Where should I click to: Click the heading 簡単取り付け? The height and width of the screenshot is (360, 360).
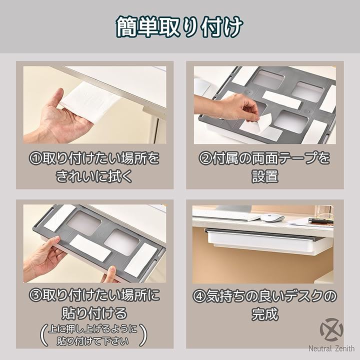pos(179,27)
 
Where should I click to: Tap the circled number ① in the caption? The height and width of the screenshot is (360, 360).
pos(35,158)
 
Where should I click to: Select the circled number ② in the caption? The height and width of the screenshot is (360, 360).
pos(205,158)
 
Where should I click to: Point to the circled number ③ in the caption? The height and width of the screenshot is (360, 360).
pos(35,295)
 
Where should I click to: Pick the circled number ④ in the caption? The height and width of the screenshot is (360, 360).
pos(199,296)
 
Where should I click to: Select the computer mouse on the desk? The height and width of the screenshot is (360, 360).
pos(273,217)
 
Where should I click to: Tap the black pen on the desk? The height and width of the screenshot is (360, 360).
pos(320,221)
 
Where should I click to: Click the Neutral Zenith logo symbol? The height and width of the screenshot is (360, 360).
pos(332,329)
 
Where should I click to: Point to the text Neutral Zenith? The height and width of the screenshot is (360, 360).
pos(331,348)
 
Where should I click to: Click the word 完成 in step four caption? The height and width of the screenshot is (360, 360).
pos(265,314)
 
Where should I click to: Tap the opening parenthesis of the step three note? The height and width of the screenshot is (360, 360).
pos(44,335)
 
